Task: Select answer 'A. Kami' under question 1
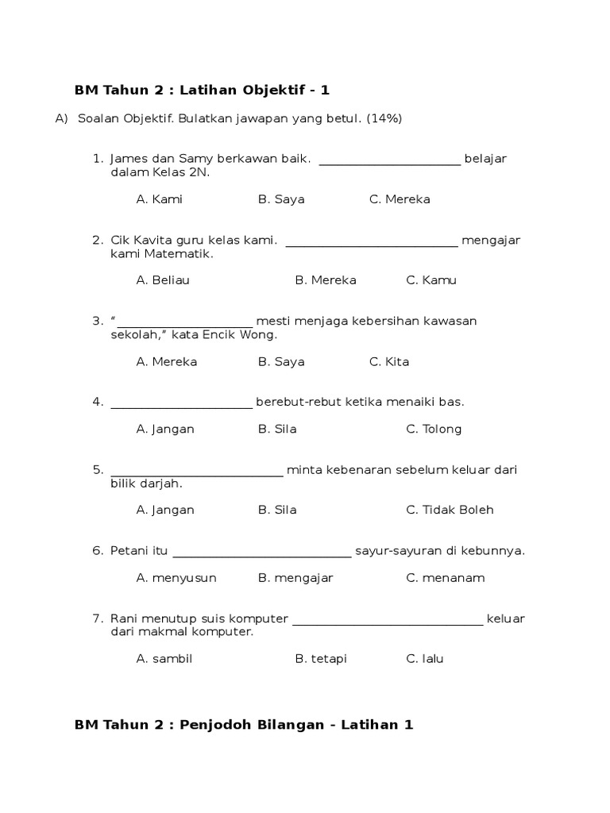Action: click(159, 199)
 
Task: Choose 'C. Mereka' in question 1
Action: click(400, 199)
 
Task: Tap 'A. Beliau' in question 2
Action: click(163, 280)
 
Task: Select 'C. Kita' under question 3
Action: click(389, 362)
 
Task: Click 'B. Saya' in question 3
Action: click(281, 362)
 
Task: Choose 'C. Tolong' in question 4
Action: click(434, 430)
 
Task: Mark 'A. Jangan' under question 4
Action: click(165, 430)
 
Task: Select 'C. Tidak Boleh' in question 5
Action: click(450, 510)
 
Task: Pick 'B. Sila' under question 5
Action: click(277, 510)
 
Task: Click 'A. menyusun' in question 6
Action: click(176, 578)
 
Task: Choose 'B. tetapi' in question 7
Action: click(321, 659)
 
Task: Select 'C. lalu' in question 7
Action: click(425, 659)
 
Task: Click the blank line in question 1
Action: click(389, 164)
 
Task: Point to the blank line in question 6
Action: click(261, 557)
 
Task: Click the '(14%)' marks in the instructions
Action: click(384, 119)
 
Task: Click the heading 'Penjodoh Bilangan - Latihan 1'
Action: click(296, 725)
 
